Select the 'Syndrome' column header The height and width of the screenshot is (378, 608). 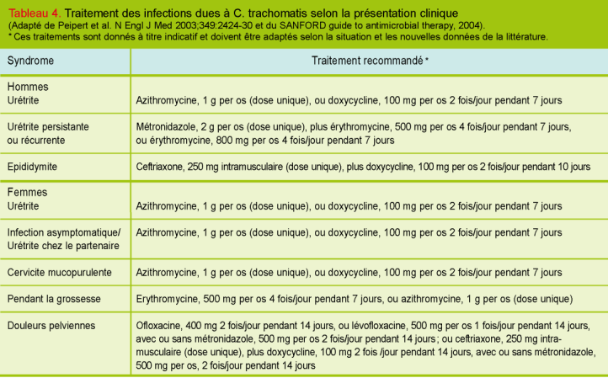(x=30, y=61)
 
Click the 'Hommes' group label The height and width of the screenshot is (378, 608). (x=28, y=87)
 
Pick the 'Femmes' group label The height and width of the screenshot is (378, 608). (x=28, y=193)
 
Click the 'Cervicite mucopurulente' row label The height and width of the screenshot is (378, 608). (x=58, y=273)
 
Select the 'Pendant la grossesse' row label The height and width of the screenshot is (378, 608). (x=51, y=299)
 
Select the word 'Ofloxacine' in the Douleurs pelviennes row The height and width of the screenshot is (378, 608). (x=160, y=324)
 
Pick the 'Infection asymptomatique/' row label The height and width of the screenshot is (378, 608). (x=64, y=232)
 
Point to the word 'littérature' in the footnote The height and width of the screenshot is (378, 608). (x=524, y=36)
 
